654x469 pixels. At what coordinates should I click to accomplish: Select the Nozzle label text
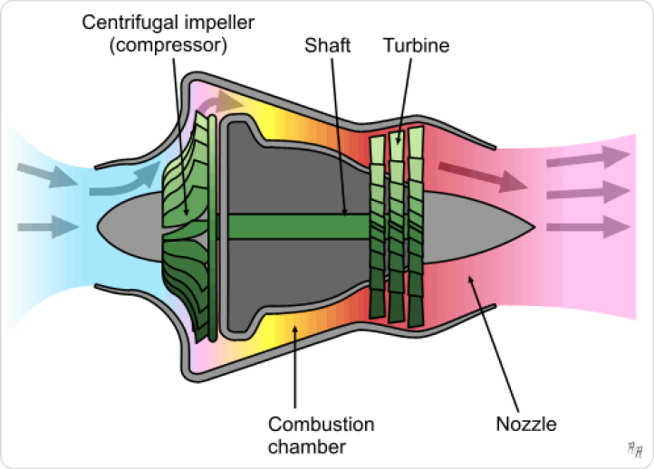(x=525, y=423)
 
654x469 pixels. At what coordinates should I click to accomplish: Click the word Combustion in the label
(x=321, y=424)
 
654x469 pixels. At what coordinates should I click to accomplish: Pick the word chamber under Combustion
(x=308, y=445)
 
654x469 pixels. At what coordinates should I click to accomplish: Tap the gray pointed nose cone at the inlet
(x=127, y=226)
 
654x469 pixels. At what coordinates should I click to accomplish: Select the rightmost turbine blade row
(x=416, y=226)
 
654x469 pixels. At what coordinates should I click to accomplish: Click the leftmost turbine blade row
(x=379, y=226)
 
